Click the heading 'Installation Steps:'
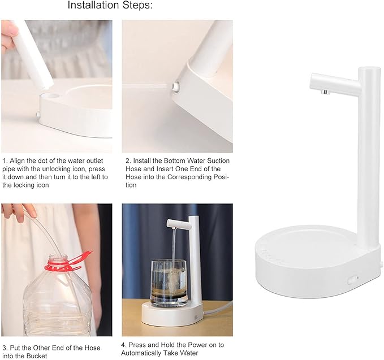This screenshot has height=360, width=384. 110,6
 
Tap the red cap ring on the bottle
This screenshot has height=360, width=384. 63,262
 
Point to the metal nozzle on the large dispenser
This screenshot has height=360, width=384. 325,92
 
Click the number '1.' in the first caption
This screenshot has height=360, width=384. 5,161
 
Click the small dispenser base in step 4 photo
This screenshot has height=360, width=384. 169,314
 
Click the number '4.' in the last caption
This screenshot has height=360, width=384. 124,345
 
